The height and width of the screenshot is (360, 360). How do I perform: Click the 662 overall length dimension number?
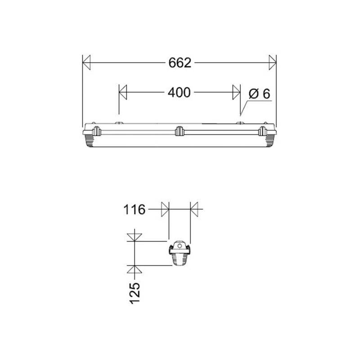tap(180, 63)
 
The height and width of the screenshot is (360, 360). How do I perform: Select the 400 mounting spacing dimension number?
tap(179, 93)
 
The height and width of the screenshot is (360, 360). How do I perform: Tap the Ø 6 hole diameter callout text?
tap(259, 94)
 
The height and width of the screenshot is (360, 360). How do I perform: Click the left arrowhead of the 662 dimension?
tap(86, 63)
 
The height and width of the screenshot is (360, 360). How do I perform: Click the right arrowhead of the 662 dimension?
tap(272, 63)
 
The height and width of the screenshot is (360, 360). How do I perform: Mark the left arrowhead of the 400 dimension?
tap(123, 93)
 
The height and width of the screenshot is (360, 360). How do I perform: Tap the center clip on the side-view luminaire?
tap(180, 131)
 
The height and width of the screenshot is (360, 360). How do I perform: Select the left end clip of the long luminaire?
tap(96, 131)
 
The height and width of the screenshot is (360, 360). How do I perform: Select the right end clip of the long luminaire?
tap(263, 131)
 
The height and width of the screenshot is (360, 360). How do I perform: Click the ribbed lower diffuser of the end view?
tap(180, 259)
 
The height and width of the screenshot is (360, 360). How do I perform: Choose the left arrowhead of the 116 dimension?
tap(165, 209)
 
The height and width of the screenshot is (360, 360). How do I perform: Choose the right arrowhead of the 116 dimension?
tap(194, 209)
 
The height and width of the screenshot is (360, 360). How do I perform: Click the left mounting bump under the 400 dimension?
tap(119, 123)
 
